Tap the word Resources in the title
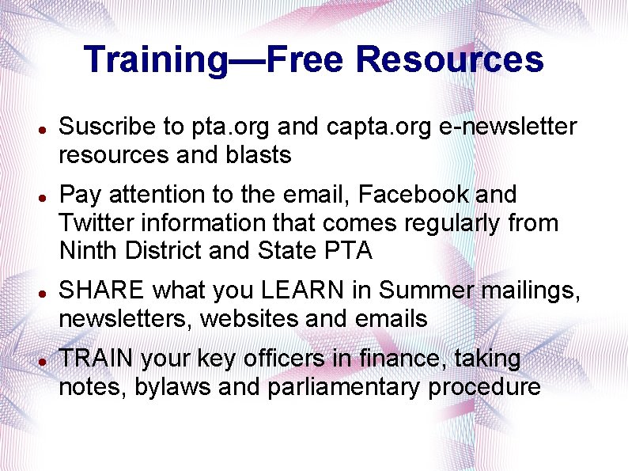pos(450,60)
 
